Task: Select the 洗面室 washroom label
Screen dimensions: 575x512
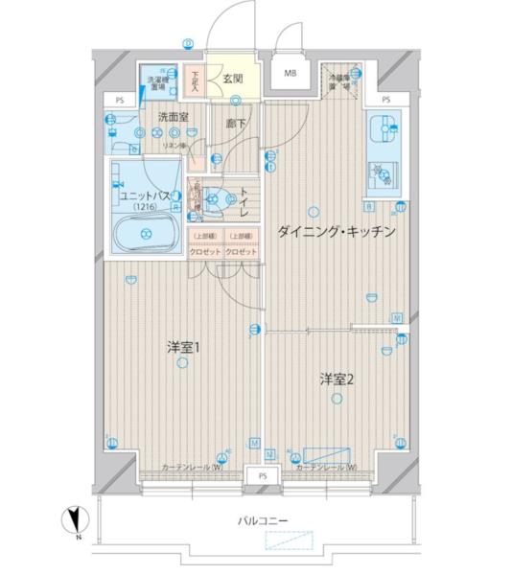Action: (x=174, y=116)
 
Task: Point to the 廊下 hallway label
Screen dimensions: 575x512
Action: (x=235, y=124)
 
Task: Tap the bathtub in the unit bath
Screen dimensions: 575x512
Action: (x=146, y=233)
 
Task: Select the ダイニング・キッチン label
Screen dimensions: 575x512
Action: (x=337, y=233)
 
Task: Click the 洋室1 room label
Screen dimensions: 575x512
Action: (x=181, y=348)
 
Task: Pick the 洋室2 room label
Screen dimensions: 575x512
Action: (x=337, y=379)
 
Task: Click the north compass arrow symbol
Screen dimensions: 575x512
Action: (x=72, y=522)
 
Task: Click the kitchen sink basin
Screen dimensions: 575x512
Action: (x=385, y=127)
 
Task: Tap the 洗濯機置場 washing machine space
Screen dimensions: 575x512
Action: (x=153, y=82)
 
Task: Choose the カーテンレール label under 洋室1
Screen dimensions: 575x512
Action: (x=193, y=467)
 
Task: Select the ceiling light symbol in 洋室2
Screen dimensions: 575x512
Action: (x=336, y=400)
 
